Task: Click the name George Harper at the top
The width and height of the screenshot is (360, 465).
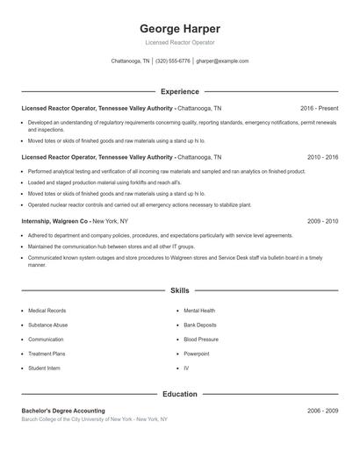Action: (x=179, y=28)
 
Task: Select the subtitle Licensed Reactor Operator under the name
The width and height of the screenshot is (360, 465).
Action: (x=179, y=42)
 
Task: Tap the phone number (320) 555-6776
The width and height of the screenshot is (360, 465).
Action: (x=174, y=61)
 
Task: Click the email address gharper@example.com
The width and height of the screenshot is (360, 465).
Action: (x=222, y=61)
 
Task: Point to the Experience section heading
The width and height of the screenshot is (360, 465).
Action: (x=179, y=91)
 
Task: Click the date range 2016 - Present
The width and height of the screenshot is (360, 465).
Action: (x=319, y=108)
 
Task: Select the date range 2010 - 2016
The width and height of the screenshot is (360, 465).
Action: (x=322, y=156)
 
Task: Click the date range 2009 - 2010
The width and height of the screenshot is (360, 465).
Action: (x=322, y=222)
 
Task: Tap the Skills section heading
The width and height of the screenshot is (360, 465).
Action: (x=179, y=290)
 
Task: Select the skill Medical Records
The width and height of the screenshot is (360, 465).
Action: (x=47, y=311)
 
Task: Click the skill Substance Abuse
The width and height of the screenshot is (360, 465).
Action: (x=47, y=325)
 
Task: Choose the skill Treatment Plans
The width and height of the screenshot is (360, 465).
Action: (x=47, y=354)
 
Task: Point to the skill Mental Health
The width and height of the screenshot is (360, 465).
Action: (x=199, y=311)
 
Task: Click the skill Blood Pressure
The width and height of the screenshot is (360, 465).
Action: (x=201, y=339)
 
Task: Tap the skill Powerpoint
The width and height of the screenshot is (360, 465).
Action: (x=197, y=354)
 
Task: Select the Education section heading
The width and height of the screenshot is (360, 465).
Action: (x=179, y=394)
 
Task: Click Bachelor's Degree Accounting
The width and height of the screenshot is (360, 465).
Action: (x=63, y=411)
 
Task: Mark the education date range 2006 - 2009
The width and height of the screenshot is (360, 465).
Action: (x=322, y=411)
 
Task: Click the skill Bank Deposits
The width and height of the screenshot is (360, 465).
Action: (x=201, y=325)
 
